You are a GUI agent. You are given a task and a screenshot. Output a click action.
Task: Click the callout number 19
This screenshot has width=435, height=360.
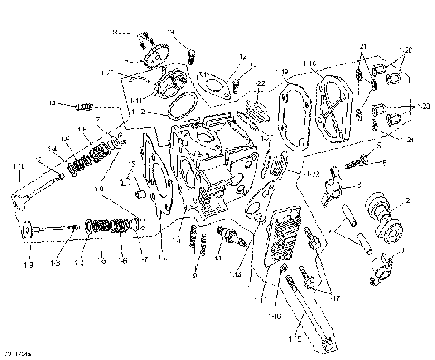pos(284,71)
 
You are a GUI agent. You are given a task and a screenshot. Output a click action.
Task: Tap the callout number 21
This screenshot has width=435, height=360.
pos(362,45)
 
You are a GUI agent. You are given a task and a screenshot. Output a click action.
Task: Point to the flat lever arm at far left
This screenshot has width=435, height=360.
pos(36,191)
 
